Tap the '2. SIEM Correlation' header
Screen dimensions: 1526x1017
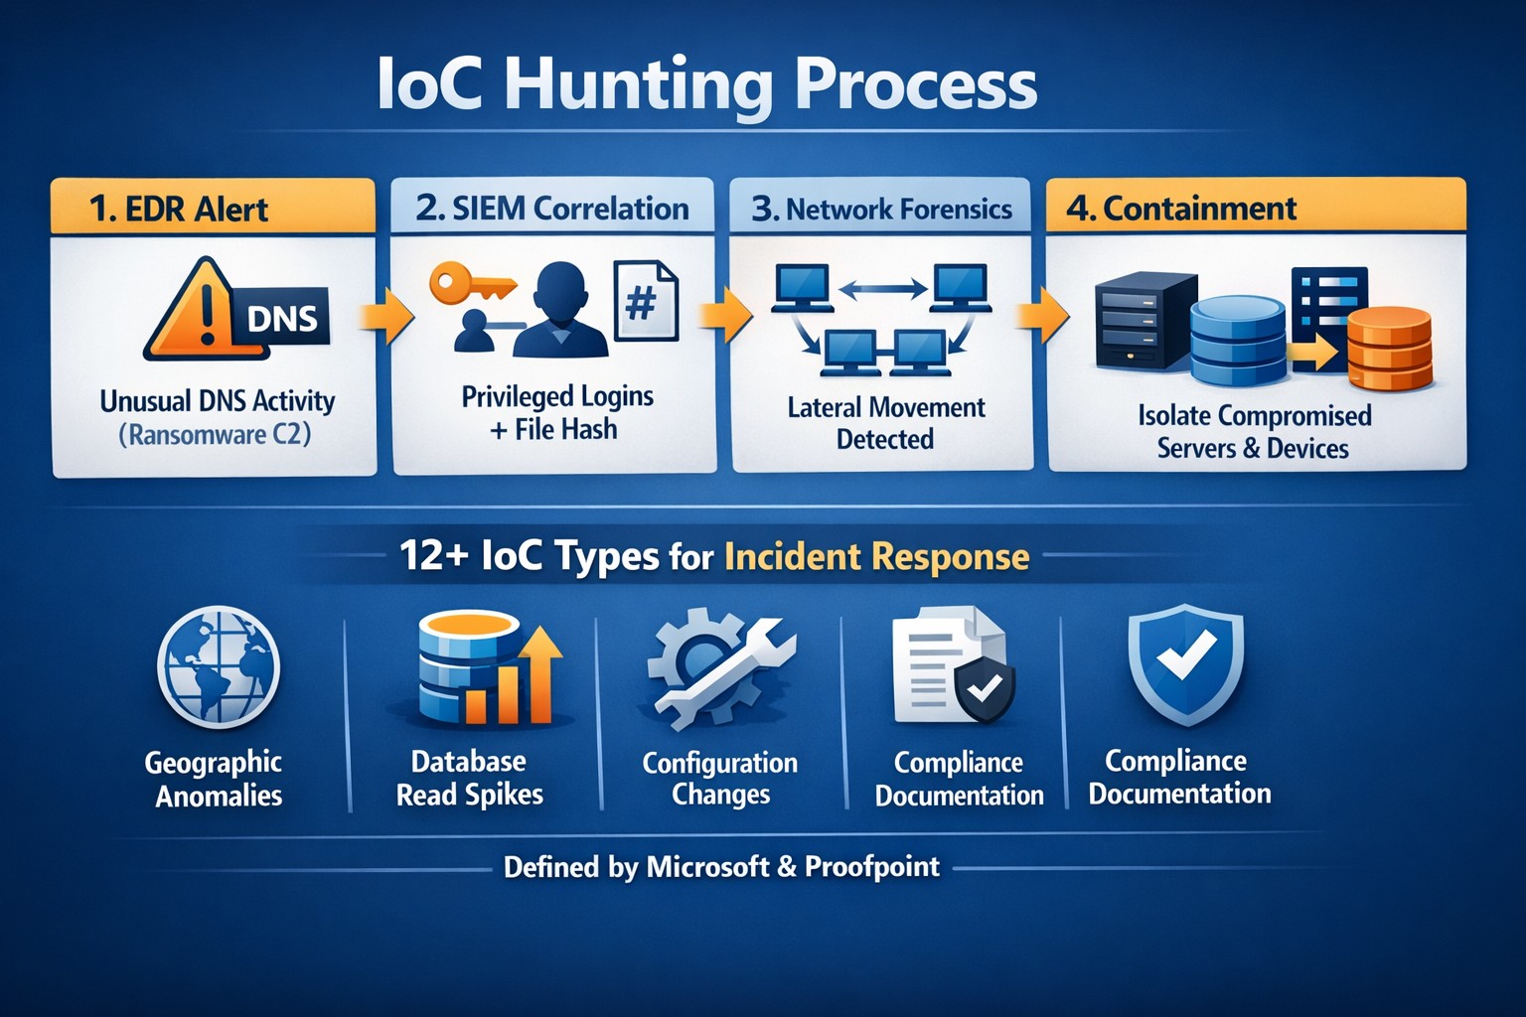tap(551, 208)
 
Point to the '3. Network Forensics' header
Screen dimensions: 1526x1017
tap(881, 208)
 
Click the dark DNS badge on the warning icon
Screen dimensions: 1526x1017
tap(281, 318)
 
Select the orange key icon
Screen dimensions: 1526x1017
tap(473, 286)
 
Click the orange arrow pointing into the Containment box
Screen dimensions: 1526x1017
tap(1042, 315)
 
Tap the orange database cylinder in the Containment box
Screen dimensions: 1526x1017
tap(1390, 349)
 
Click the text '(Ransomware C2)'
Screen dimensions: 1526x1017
tap(216, 435)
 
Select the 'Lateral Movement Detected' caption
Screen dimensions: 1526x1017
tap(885, 423)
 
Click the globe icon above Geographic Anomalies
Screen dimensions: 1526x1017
tap(219, 666)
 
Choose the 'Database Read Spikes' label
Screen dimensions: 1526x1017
tap(469, 778)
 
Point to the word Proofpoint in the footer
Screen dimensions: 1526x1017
tap(872, 867)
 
